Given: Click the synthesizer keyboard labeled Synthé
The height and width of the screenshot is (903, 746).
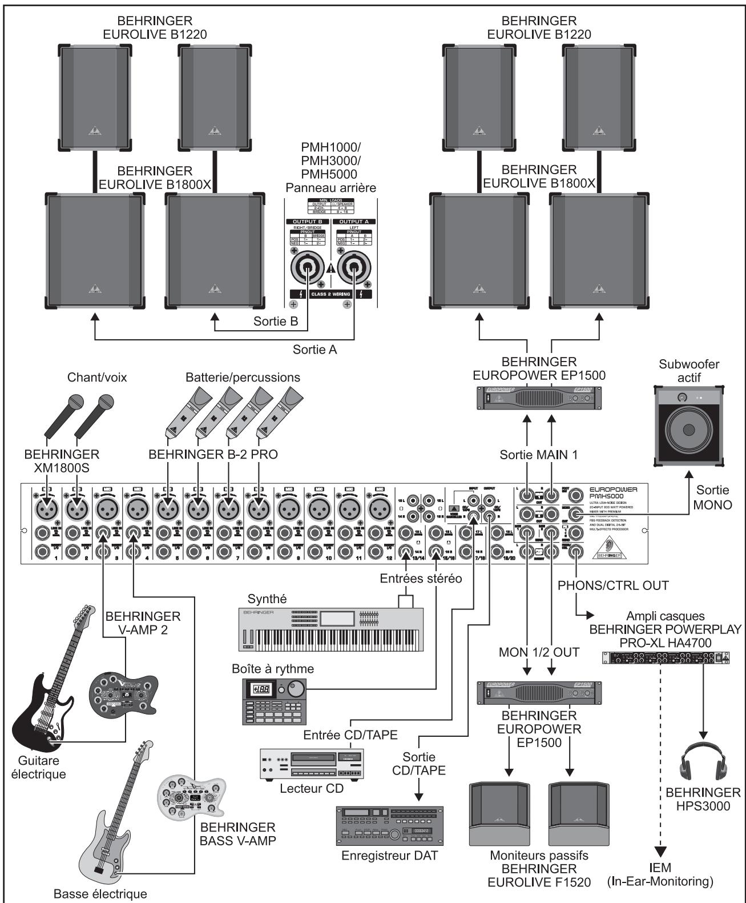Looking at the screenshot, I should (x=331, y=628).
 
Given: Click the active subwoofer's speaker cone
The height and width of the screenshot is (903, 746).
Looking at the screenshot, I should (x=688, y=429).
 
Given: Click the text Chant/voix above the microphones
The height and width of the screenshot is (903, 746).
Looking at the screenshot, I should (x=96, y=378).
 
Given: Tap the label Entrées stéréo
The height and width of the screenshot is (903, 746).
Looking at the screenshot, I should (x=421, y=578).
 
